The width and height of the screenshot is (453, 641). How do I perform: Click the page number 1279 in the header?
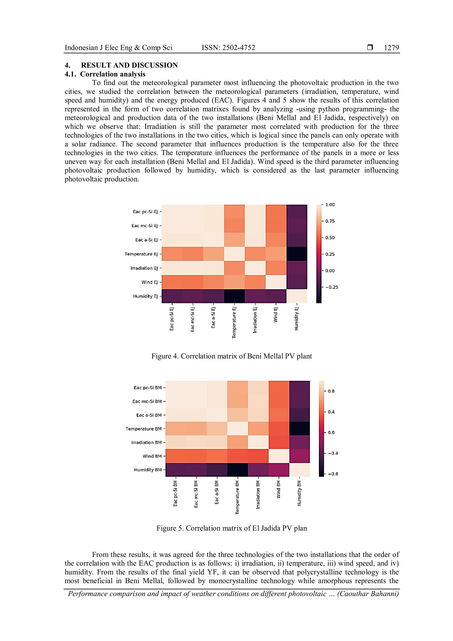(391, 48)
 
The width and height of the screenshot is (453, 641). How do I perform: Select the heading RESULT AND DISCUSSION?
(129, 65)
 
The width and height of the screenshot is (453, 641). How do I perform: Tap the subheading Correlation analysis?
(113, 74)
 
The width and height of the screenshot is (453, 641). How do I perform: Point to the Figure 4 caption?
(232, 356)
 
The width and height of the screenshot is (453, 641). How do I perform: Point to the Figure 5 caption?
(232, 528)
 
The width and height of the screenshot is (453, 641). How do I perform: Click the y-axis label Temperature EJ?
(141, 254)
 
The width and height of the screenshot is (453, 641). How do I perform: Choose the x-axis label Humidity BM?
(299, 493)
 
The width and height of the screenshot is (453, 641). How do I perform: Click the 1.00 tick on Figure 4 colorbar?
(330, 205)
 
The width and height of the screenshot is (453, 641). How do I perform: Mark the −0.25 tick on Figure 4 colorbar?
(331, 287)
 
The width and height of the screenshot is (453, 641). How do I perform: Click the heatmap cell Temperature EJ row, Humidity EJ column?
(297, 254)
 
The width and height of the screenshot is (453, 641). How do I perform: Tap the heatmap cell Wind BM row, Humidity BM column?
(299, 456)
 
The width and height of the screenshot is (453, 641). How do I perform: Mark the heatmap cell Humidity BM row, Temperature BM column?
(238, 470)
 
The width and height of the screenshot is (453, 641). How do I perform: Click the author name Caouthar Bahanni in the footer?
(368, 594)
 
